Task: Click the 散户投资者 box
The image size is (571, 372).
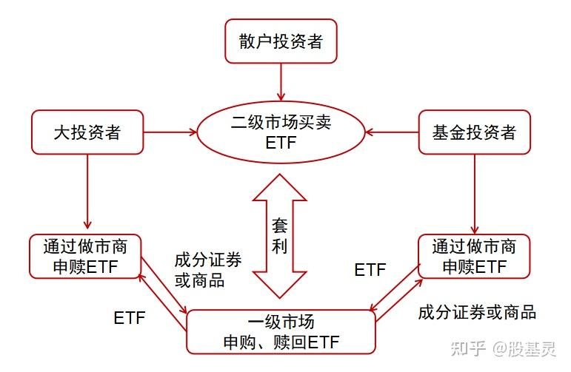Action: click(281, 41)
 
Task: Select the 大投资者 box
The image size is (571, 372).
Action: click(87, 132)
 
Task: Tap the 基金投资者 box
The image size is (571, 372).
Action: click(474, 132)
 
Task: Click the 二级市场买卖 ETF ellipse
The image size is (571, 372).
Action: click(281, 132)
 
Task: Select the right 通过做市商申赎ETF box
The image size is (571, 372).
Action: click(474, 256)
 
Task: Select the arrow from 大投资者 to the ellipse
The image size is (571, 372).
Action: click(170, 132)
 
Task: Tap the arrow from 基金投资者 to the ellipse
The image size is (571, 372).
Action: click(392, 132)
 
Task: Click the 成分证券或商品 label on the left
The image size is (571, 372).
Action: click(207, 270)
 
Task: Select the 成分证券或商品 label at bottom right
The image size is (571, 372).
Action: click(476, 311)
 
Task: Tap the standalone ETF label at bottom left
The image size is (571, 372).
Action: click(129, 319)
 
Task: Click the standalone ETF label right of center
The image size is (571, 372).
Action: click(370, 270)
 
